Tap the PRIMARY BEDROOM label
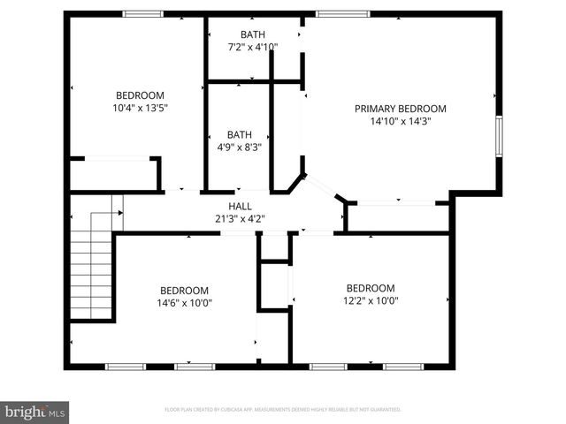pos(401,109)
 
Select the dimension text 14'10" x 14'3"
pos(401,122)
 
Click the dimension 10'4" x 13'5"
pos(141,108)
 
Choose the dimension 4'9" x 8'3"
pos(240,148)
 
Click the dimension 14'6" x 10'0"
pos(184,302)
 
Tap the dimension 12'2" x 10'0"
pos(370,300)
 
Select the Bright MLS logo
pos(35,412)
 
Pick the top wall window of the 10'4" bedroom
pos(142,13)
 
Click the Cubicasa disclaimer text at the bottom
pos(283,410)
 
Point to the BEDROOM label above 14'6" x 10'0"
pos(184,290)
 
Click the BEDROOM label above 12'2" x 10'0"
pos(370,288)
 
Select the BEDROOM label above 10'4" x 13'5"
pos(141,95)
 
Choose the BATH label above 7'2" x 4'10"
pos(253,34)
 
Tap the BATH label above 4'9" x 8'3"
pos(240,135)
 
